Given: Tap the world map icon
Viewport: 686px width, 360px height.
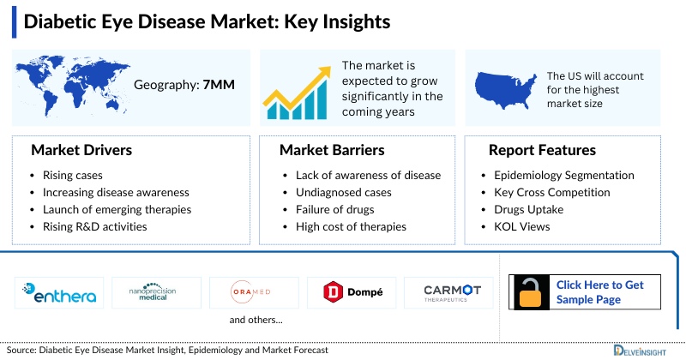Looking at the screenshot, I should pyautogui.click(x=72, y=86).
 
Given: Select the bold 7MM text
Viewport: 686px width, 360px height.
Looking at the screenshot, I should pyautogui.click(x=217, y=86).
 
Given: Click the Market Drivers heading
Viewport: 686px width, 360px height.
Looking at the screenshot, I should pyautogui.click(x=81, y=150).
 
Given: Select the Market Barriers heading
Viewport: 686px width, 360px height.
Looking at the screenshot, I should pyautogui.click(x=332, y=150).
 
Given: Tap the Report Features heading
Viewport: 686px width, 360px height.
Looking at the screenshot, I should pyautogui.click(x=542, y=150).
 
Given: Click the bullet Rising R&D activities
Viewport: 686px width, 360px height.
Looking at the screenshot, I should pyautogui.click(x=94, y=226).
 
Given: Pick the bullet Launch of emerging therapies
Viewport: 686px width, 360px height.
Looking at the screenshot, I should pyautogui.click(x=117, y=209).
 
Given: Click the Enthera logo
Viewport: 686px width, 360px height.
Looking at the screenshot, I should pyautogui.click(x=59, y=292).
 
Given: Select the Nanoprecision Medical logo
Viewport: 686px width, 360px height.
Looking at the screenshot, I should pyautogui.click(x=156, y=292).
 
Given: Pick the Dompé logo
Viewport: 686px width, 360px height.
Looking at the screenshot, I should pyautogui.click(x=352, y=292).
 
